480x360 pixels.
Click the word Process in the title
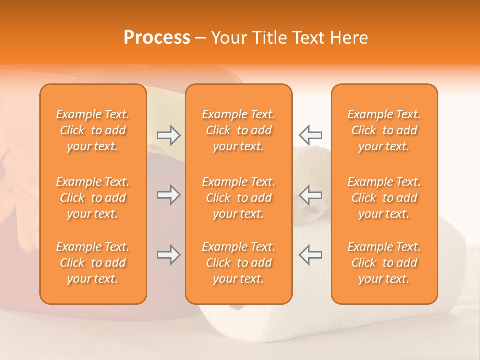[157, 38]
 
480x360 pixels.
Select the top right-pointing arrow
[169, 135]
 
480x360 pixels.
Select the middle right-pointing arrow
[169, 195]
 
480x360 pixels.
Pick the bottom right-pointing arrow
[169, 255]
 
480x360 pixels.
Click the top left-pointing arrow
[310, 135]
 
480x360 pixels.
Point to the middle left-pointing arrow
[310, 195]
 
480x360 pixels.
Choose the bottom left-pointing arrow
[310, 255]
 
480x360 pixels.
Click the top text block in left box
[93, 130]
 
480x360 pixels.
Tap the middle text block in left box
[93, 198]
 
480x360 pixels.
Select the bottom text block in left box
[93, 263]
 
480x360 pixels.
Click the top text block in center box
[239, 130]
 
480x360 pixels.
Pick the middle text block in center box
[239, 198]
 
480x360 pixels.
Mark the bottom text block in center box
[239, 263]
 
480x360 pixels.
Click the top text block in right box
[384, 130]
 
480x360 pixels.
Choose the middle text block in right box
[384, 198]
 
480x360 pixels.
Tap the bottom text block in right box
[384, 263]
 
